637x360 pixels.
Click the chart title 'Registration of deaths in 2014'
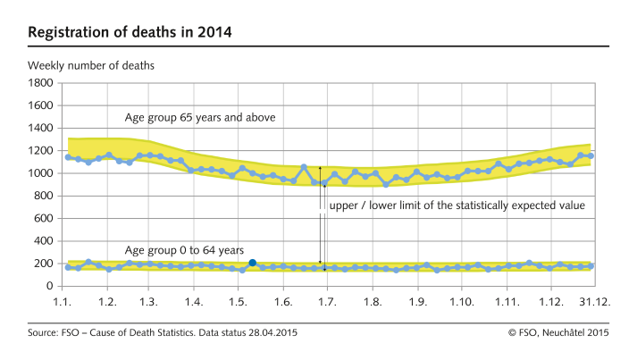click(x=130, y=33)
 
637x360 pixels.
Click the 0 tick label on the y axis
click(x=50, y=287)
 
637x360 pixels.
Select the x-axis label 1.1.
click(x=63, y=303)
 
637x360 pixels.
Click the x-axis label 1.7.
click(x=327, y=303)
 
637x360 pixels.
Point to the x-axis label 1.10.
click(x=461, y=303)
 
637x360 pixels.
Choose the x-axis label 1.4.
click(x=194, y=303)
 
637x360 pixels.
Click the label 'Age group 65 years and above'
click(x=199, y=118)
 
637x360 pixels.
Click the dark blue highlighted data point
click(x=253, y=263)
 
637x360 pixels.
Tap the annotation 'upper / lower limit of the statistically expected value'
click(x=457, y=205)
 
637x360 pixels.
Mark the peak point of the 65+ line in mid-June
click(x=304, y=167)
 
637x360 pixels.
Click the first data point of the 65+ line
click(x=68, y=157)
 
